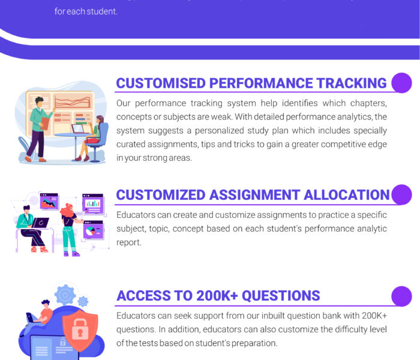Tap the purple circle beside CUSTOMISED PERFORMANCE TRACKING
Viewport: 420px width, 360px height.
tap(401, 83)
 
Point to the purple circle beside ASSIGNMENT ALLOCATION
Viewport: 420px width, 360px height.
tap(401, 195)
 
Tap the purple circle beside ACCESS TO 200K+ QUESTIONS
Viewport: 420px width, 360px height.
tap(401, 295)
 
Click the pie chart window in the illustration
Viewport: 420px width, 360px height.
tap(92, 229)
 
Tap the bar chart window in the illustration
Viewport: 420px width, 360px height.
tap(92, 204)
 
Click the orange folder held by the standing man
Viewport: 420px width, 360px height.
tap(46, 124)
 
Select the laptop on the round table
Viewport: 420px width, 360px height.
tap(78, 128)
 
